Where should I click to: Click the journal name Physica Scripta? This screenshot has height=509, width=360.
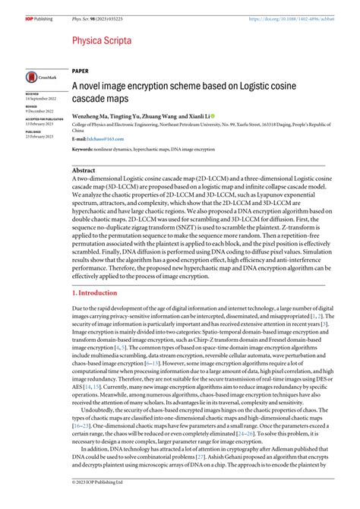103,40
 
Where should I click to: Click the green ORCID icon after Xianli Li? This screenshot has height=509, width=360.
213,116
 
